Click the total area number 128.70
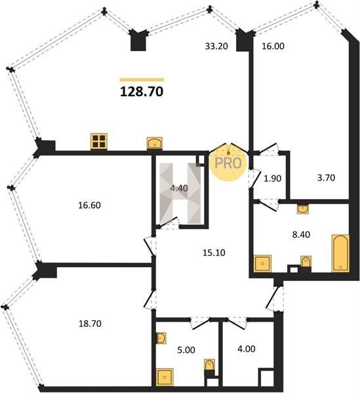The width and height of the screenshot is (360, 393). [142, 92]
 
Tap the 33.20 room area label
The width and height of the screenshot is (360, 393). [216, 46]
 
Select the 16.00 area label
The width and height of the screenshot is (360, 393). [273, 46]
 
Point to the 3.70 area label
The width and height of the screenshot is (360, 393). [326, 178]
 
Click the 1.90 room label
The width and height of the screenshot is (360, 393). [272, 178]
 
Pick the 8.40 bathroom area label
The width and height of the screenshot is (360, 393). [301, 234]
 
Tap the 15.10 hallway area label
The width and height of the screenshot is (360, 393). [214, 253]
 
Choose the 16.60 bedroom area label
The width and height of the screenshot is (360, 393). [90, 205]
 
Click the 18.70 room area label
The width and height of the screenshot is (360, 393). [90, 324]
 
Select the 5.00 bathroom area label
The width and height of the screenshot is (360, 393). [186, 350]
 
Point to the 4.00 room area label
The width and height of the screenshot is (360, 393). [247, 348]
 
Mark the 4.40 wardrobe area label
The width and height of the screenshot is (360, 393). [179, 188]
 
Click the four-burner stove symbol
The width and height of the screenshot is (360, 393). [99, 141]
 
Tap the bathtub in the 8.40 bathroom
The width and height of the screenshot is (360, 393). [340, 253]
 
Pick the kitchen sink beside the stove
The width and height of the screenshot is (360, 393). [154, 143]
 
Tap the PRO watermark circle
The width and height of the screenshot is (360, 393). [228, 163]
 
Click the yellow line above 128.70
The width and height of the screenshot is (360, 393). [142, 80]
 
